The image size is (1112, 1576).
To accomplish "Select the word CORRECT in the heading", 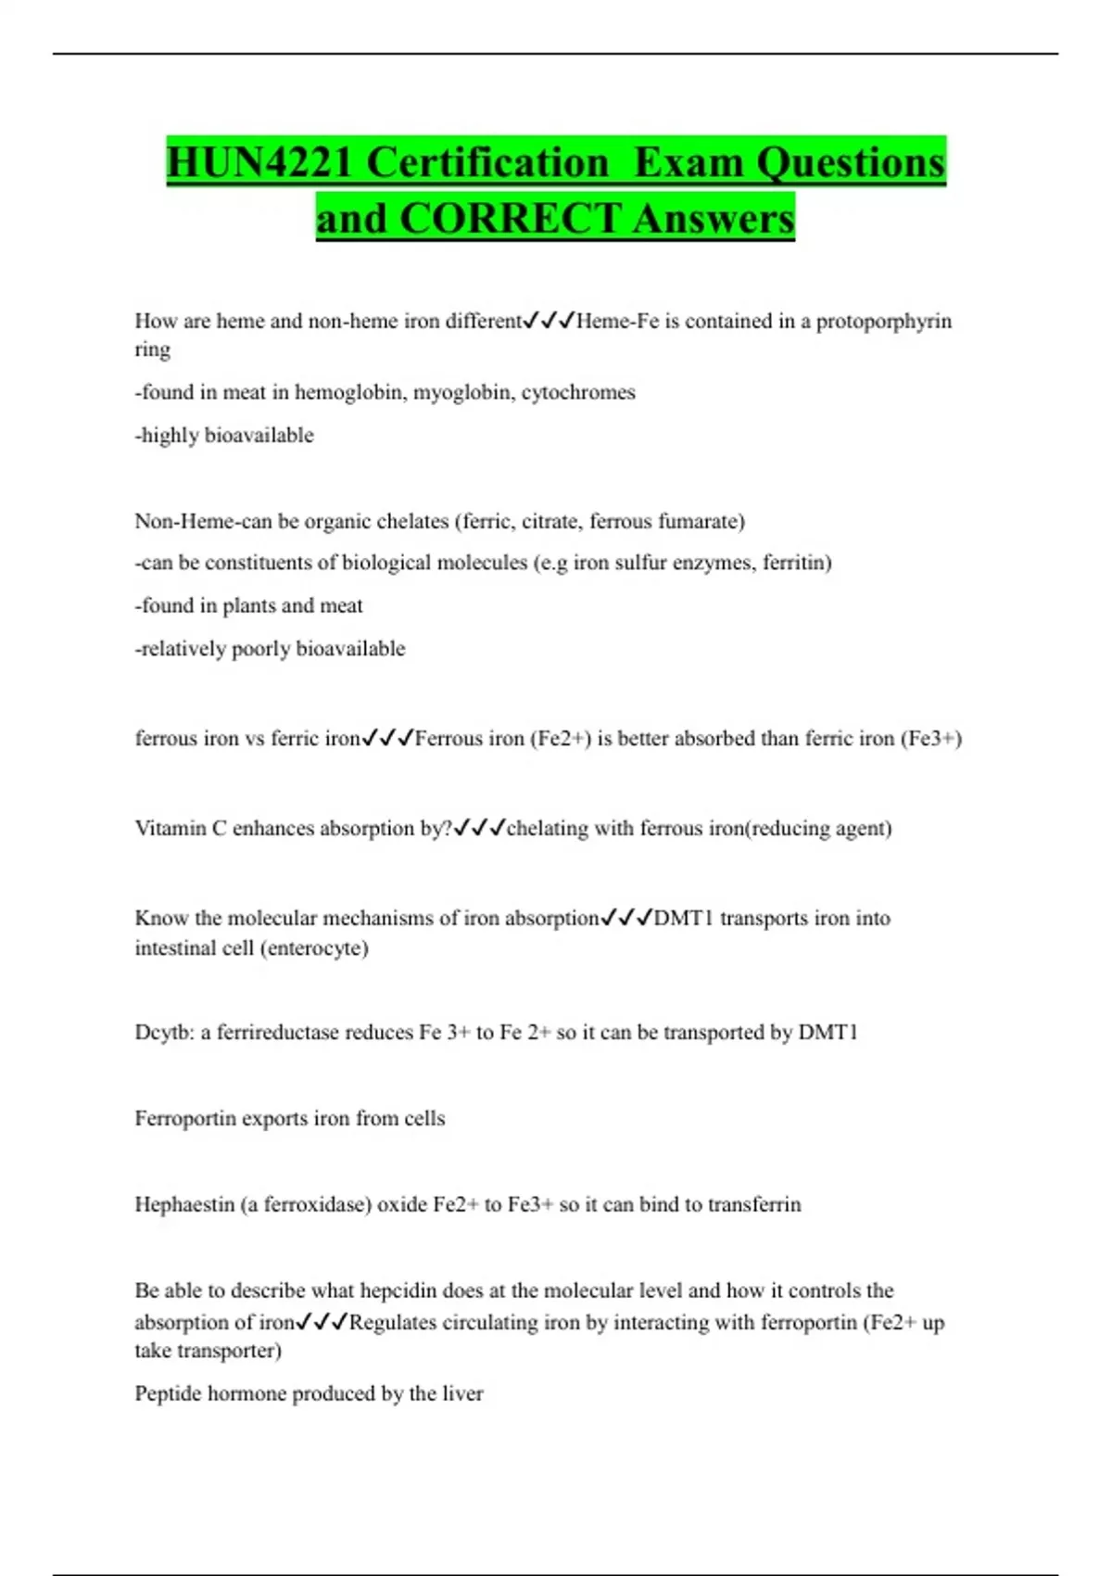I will click(510, 220).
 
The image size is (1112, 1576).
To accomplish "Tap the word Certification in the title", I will click(488, 163).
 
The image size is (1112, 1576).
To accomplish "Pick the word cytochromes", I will click(578, 392).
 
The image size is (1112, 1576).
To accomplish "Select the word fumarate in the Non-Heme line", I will click(701, 521).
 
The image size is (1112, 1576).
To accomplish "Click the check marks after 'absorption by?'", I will click(479, 828).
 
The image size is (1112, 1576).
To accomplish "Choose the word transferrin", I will click(754, 1204).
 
